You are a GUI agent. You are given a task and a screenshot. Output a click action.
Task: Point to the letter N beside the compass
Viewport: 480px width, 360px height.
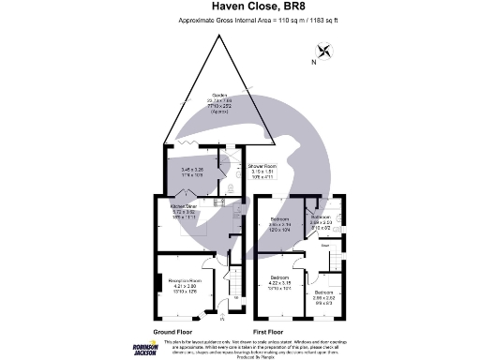point(312,64)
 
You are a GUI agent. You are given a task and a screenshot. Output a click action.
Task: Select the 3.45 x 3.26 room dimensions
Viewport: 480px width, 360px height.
point(192,171)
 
